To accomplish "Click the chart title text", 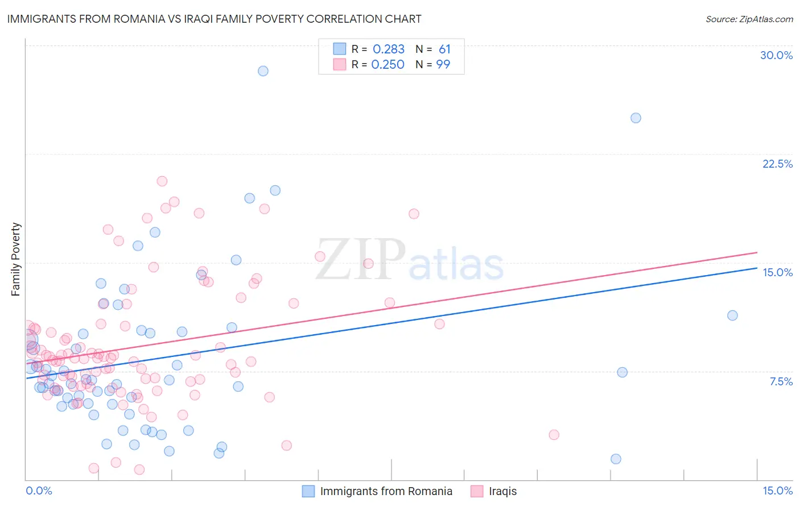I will [215, 19].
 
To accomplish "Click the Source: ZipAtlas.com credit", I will [749, 19].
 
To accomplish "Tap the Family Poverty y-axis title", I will [16, 259].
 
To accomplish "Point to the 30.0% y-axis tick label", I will [776, 55].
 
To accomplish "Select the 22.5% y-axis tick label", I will [777, 164].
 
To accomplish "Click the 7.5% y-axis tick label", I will [781, 381].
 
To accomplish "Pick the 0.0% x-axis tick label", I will [39, 491].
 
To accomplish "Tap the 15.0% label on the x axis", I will [777, 491].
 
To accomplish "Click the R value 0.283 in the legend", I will [389, 49].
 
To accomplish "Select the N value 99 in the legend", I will [443, 65].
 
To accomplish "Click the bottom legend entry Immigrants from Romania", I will [386, 491].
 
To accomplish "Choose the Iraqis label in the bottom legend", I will [502, 491].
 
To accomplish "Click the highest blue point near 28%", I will [263, 71].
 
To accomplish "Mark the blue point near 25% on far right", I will [636, 118].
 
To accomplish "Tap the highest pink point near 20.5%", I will [162, 181].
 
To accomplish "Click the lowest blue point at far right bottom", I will [616, 459].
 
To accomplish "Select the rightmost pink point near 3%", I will [554, 435].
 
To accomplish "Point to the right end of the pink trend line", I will [757, 252].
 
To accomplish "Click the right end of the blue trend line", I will [757, 268].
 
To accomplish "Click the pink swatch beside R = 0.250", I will [340, 65].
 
